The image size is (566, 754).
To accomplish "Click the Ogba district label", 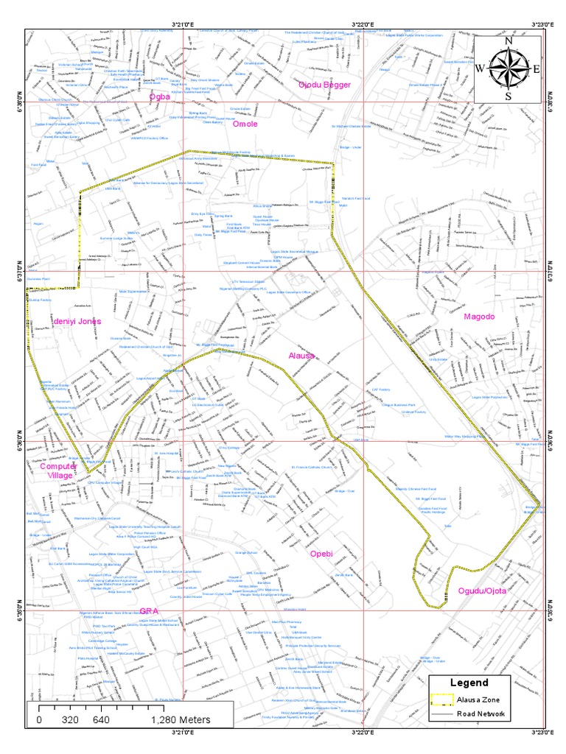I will click(x=159, y=96).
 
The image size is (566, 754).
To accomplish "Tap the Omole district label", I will click(x=245, y=124).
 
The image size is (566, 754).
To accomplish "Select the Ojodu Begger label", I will click(x=324, y=85).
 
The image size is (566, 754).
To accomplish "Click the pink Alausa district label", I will click(x=301, y=356).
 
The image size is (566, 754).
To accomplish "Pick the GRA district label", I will click(x=150, y=611).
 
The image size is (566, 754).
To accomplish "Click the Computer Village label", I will click(x=57, y=471).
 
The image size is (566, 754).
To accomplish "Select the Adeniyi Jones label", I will click(x=77, y=322).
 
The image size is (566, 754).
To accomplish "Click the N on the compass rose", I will click(x=508, y=42).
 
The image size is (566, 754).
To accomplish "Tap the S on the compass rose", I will click(x=508, y=96).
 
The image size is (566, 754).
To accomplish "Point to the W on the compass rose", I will click(x=480, y=68).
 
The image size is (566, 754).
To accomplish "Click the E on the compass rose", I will click(x=536, y=68).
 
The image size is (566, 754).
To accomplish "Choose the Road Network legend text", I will click(x=481, y=714).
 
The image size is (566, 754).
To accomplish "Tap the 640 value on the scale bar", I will click(x=102, y=719).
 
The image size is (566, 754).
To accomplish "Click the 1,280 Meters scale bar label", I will click(x=181, y=719).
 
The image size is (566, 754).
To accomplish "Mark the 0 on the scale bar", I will click(x=39, y=719).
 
